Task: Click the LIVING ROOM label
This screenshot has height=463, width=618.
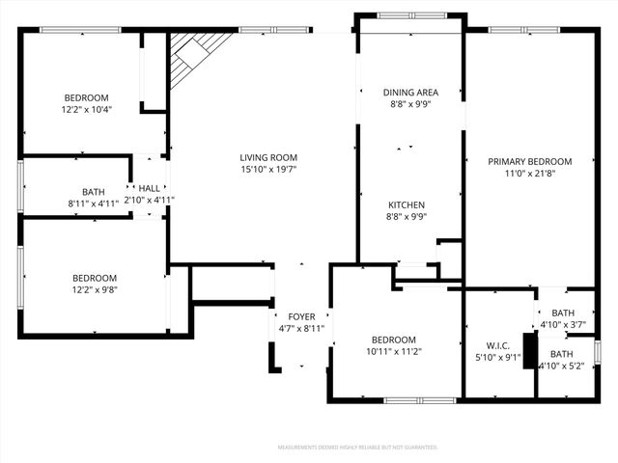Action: pos(268,157)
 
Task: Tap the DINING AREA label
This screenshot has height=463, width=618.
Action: pos(411,93)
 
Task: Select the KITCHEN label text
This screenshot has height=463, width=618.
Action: pos(407,204)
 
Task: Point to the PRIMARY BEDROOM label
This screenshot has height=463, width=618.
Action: pos(529,162)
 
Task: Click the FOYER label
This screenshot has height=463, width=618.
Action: pos(301,316)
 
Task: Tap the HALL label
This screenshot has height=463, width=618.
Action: pos(150,188)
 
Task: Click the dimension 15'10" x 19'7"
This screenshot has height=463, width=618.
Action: pos(268,170)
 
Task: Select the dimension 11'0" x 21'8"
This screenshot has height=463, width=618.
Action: pos(529,175)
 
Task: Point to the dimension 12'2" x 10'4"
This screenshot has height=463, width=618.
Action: pos(87,110)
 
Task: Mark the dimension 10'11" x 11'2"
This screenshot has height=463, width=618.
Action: pos(394,352)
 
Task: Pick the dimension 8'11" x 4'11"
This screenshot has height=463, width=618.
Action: pos(93,204)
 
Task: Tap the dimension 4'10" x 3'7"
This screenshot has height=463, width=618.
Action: pos(562,325)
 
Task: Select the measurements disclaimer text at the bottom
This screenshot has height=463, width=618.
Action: pos(357,448)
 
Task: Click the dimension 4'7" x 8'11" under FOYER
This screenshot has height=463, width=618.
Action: pos(301,329)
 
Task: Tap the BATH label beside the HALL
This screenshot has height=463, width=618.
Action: pos(93,191)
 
